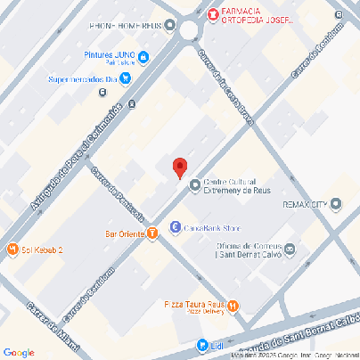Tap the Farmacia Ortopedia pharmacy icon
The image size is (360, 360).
coord(212,13)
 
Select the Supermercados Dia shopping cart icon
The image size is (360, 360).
coord(126,78)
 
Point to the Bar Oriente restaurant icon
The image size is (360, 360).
coord(152,233)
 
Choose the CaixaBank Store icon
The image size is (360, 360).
coord(176,226)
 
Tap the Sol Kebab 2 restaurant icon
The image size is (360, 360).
coord(12,250)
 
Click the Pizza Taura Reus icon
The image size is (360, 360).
coord(233,307)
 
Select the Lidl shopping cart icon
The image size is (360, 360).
coord(202,345)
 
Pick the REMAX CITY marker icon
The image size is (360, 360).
coord(335,205)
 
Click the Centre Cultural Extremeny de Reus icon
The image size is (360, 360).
coord(195,185)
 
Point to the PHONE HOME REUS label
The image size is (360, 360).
coord(126,26)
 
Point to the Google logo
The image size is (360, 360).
coord(19,352)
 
